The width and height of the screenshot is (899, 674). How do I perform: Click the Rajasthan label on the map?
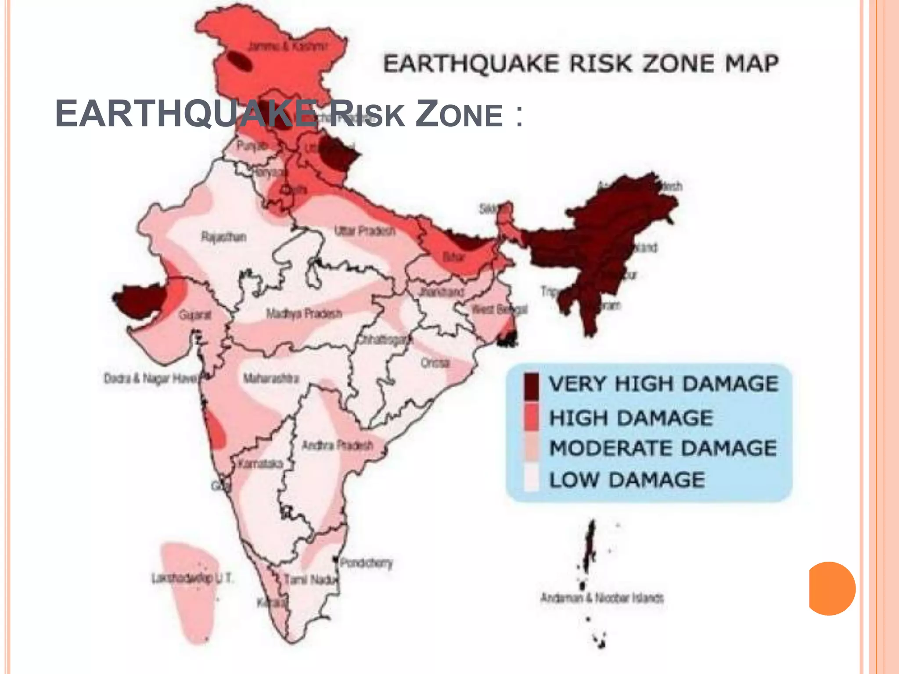pyautogui.click(x=223, y=237)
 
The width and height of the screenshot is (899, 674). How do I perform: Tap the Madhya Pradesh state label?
pyautogui.click(x=304, y=314)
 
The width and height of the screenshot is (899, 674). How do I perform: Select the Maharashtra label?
pyautogui.click(x=271, y=378)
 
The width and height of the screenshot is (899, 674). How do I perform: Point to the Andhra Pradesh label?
pyautogui.click(x=337, y=446)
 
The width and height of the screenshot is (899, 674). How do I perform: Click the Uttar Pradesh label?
pyautogui.click(x=364, y=231)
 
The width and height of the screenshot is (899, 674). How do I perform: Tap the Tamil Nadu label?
pyautogui.click(x=311, y=580)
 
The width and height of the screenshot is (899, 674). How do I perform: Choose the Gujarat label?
pyautogui.click(x=195, y=315)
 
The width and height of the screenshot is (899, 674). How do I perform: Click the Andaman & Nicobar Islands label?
pyautogui.click(x=602, y=598)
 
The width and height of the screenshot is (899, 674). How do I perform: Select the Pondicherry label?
pyautogui.click(x=366, y=563)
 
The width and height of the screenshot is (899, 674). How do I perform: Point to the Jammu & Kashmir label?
pyautogui.click(x=288, y=46)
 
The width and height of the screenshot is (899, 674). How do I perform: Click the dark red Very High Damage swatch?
pyautogui.click(x=531, y=386)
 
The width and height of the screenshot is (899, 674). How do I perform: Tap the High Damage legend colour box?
pyautogui.click(x=531, y=417)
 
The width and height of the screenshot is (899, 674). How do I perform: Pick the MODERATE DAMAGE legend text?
pyautogui.click(x=663, y=448)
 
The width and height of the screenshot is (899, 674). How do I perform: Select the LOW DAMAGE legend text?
pyautogui.click(x=627, y=480)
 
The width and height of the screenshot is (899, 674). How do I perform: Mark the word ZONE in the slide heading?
pyautogui.click(x=459, y=114)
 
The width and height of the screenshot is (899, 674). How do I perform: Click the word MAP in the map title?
pyautogui.click(x=752, y=64)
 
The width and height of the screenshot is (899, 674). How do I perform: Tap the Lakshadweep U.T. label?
pyautogui.click(x=192, y=578)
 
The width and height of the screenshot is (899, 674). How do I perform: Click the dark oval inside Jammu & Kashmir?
pyautogui.click(x=240, y=62)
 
